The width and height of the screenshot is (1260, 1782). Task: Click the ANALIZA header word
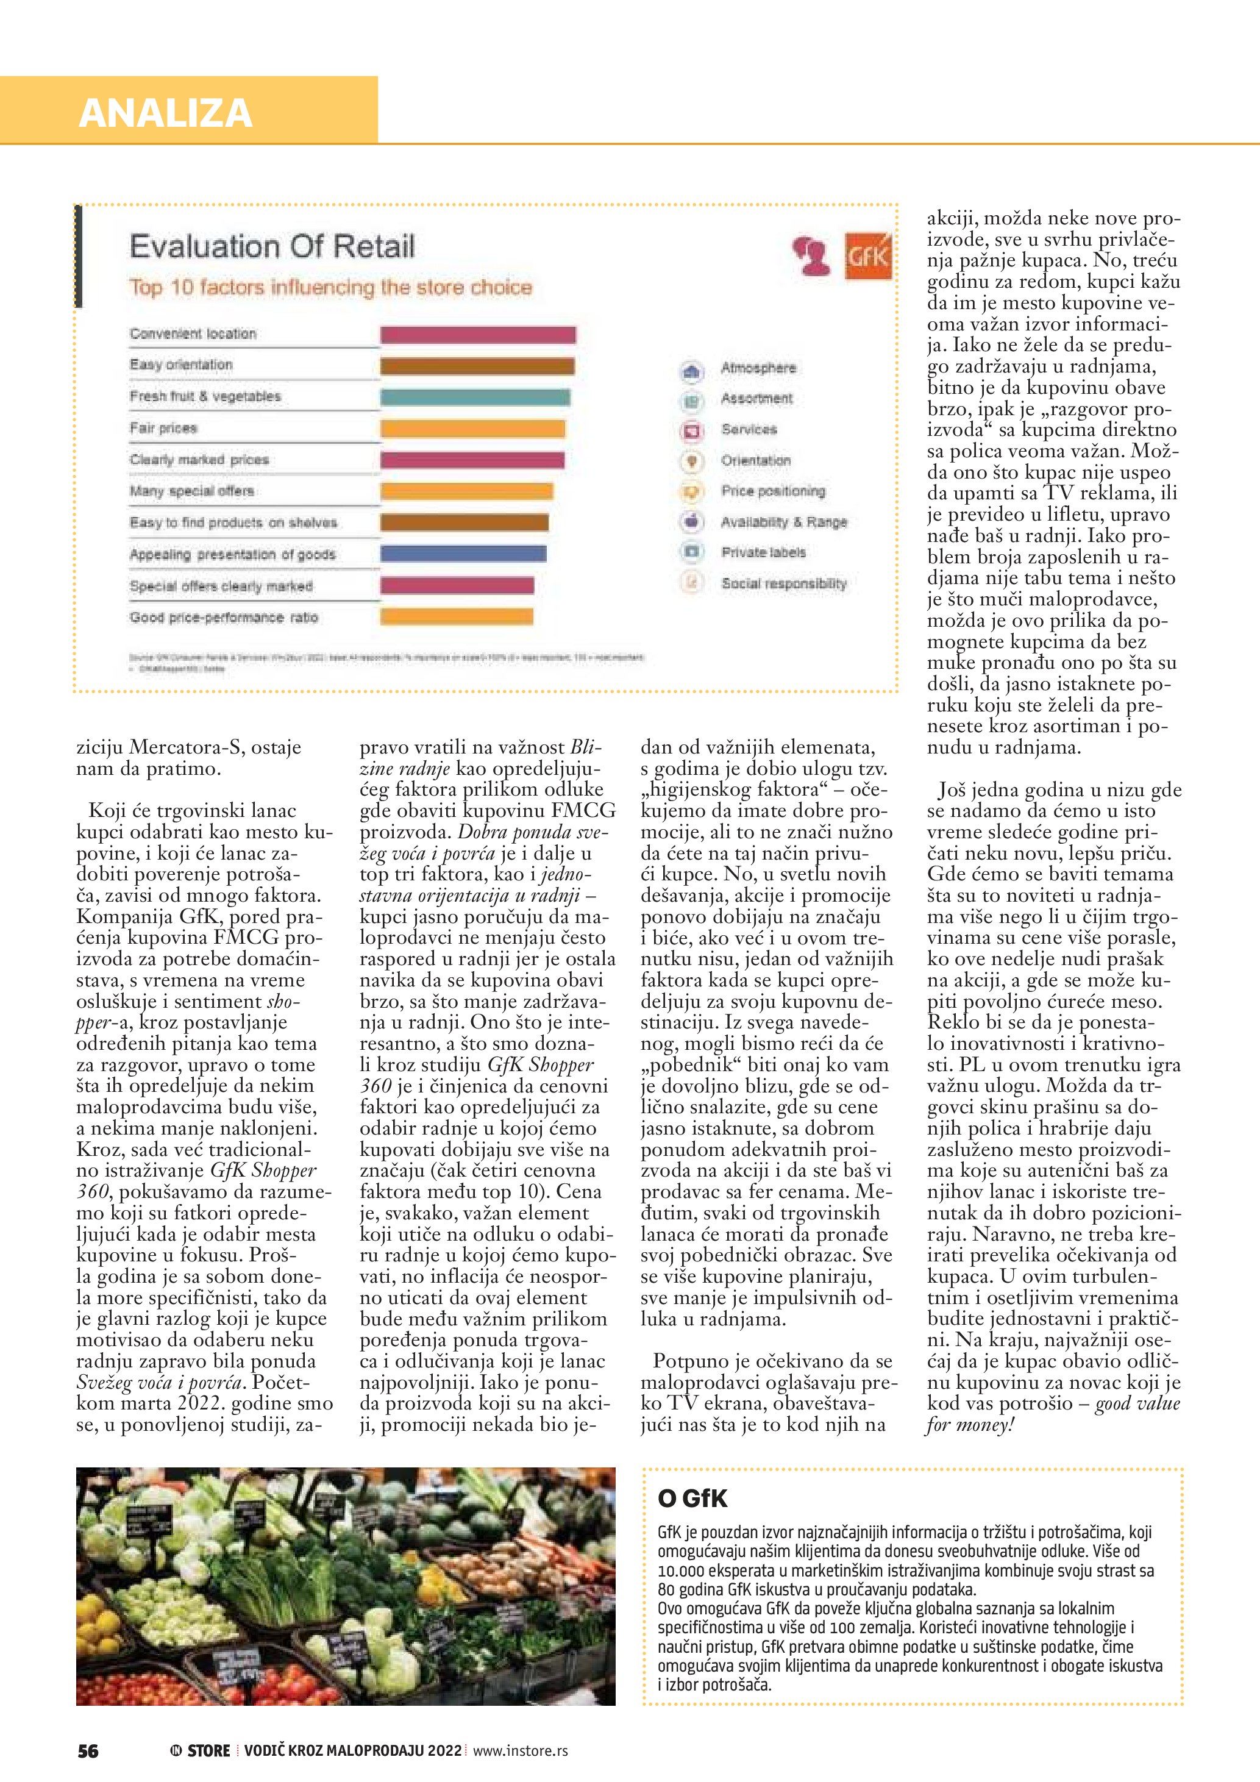(x=165, y=113)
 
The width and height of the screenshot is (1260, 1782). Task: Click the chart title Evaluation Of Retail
(x=272, y=246)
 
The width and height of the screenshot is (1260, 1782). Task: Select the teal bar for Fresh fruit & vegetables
(x=475, y=397)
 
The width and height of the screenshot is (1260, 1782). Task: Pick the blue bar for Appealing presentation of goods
(x=463, y=554)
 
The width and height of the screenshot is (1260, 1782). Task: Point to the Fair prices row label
(x=164, y=427)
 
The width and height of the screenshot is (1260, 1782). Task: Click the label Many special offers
(x=191, y=491)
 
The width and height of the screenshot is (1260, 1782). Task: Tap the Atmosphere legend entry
(x=758, y=368)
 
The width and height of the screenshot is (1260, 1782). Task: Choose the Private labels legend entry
(x=763, y=552)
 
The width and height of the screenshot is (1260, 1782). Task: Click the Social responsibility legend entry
(x=784, y=583)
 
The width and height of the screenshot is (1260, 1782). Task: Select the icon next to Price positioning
(x=691, y=491)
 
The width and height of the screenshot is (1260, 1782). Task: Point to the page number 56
(x=88, y=1751)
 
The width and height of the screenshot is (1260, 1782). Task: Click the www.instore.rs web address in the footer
(x=520, y=1751)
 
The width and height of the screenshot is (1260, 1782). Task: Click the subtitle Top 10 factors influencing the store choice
(x=330, y=287)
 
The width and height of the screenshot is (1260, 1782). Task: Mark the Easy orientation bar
(x=477, y=366)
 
